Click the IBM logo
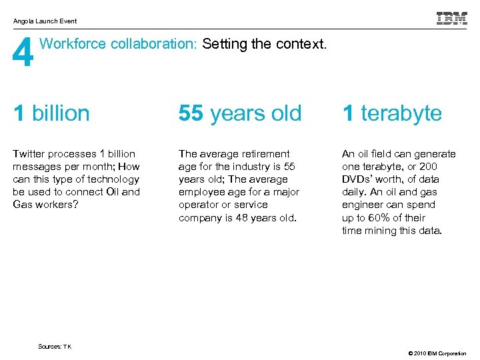451,19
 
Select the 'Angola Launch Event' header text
45,21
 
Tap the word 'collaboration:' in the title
155,45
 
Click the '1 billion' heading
51,113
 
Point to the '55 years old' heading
240,113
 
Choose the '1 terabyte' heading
392,113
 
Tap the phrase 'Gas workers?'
43,205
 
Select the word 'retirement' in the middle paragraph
265,154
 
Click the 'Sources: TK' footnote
55,347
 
